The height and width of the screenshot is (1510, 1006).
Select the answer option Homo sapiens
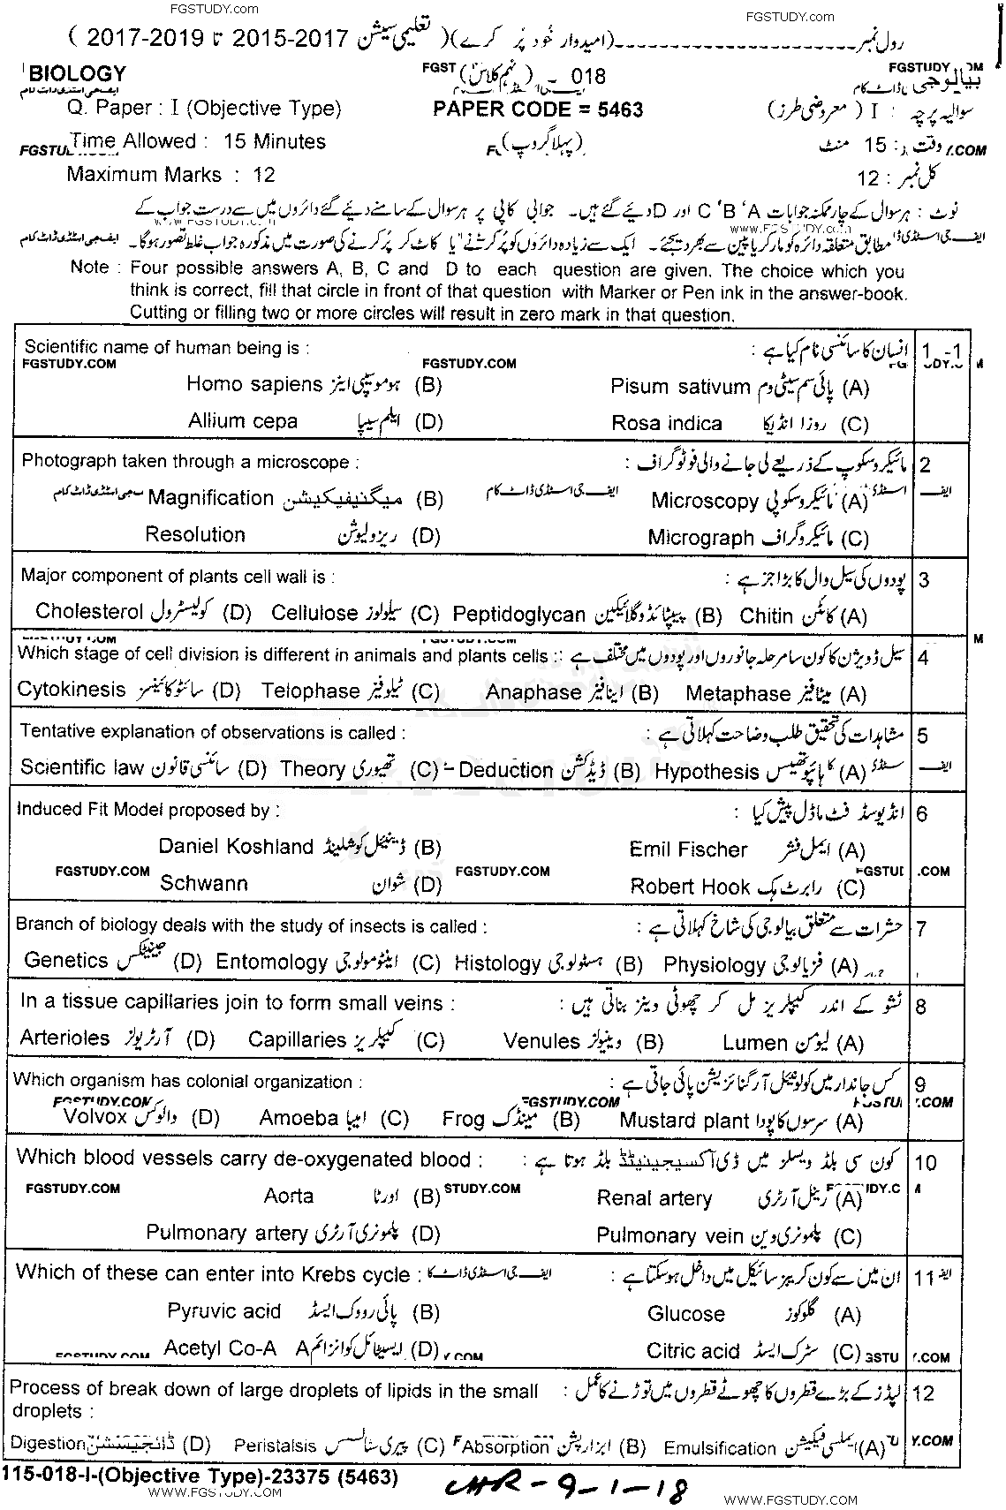click(254, 384)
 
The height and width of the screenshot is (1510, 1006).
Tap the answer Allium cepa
click(243, 421)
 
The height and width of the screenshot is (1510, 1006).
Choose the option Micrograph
click(700, 538)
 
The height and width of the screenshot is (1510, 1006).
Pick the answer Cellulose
click(314, 613)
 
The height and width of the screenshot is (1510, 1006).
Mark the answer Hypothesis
click(707, 772)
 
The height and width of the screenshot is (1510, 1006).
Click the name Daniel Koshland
click(236, 846)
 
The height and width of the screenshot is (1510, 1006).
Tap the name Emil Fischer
click(688, 849)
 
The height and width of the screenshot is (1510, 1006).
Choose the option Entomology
click(272, 963)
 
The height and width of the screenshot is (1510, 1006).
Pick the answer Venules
click(541, 1041)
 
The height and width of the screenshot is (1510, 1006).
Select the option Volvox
click(96, 1116)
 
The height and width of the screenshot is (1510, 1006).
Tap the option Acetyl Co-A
click(220, 1348)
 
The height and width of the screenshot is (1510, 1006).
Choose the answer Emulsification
click(720, 1448)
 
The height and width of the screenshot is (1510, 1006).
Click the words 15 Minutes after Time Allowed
click(275, 141)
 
